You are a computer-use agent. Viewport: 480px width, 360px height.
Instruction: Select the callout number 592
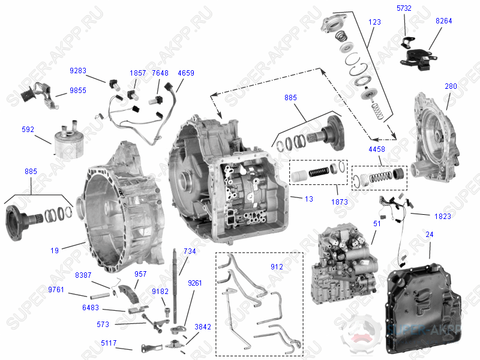click(28, 128)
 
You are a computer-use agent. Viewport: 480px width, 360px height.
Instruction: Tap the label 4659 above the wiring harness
click(186, 73)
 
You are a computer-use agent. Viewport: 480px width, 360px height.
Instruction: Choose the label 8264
click(444, 20)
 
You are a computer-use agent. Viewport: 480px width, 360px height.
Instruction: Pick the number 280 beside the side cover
click(451, 86)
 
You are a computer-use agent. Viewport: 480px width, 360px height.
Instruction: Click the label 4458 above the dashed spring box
click(377, 148)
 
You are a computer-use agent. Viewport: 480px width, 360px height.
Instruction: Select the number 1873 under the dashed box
click(339, 202)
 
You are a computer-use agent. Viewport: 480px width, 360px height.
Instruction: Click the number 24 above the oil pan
click(429, 234)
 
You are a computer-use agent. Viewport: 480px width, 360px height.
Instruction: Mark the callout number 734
click(190, 251)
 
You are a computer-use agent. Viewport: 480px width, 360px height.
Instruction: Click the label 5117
click(109, 344)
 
